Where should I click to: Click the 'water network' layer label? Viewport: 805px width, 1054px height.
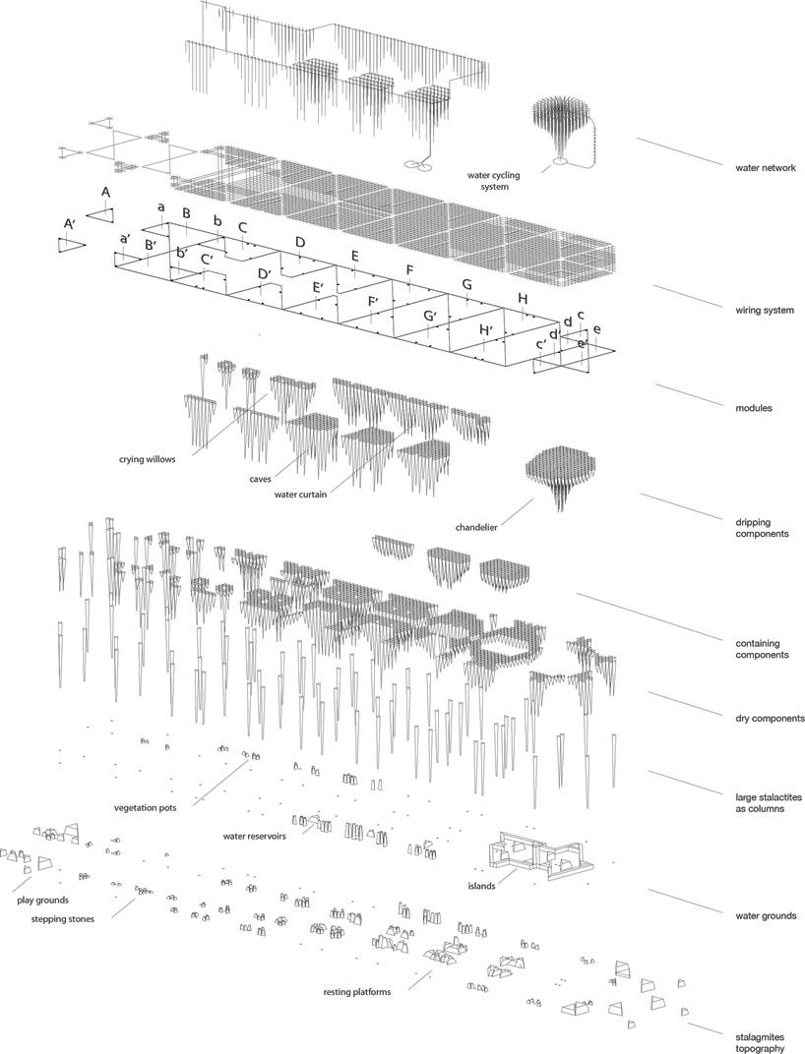766,168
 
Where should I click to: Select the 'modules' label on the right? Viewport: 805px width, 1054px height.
753,408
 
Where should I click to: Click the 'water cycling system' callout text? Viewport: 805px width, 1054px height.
493,181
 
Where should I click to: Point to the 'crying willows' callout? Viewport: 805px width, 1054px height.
147,460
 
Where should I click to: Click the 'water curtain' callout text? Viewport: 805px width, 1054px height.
300,495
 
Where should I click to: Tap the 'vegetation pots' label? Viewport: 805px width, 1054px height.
146,807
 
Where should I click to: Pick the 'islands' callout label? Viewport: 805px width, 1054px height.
482,886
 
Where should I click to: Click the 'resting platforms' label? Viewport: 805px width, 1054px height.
356,991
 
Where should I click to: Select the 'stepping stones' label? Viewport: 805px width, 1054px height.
63,919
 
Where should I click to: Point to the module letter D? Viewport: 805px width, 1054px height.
300,242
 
